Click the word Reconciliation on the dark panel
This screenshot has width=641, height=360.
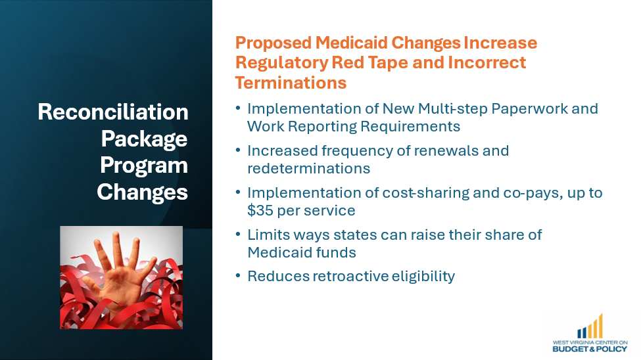coord(113,112)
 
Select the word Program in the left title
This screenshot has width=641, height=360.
coord(144,166)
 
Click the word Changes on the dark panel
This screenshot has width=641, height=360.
coord(142,192)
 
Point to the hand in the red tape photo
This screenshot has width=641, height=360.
coord(118,274)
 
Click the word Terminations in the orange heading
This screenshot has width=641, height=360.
coord(291,83)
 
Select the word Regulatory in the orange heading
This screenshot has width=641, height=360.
coord(281,63)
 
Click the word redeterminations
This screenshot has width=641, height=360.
coord(308,168)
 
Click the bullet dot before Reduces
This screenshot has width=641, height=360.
coord(238,275)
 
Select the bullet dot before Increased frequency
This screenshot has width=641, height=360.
coord(238,150)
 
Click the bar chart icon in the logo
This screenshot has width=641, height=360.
coord(590,326)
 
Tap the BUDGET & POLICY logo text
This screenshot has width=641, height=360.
coord(590,349)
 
